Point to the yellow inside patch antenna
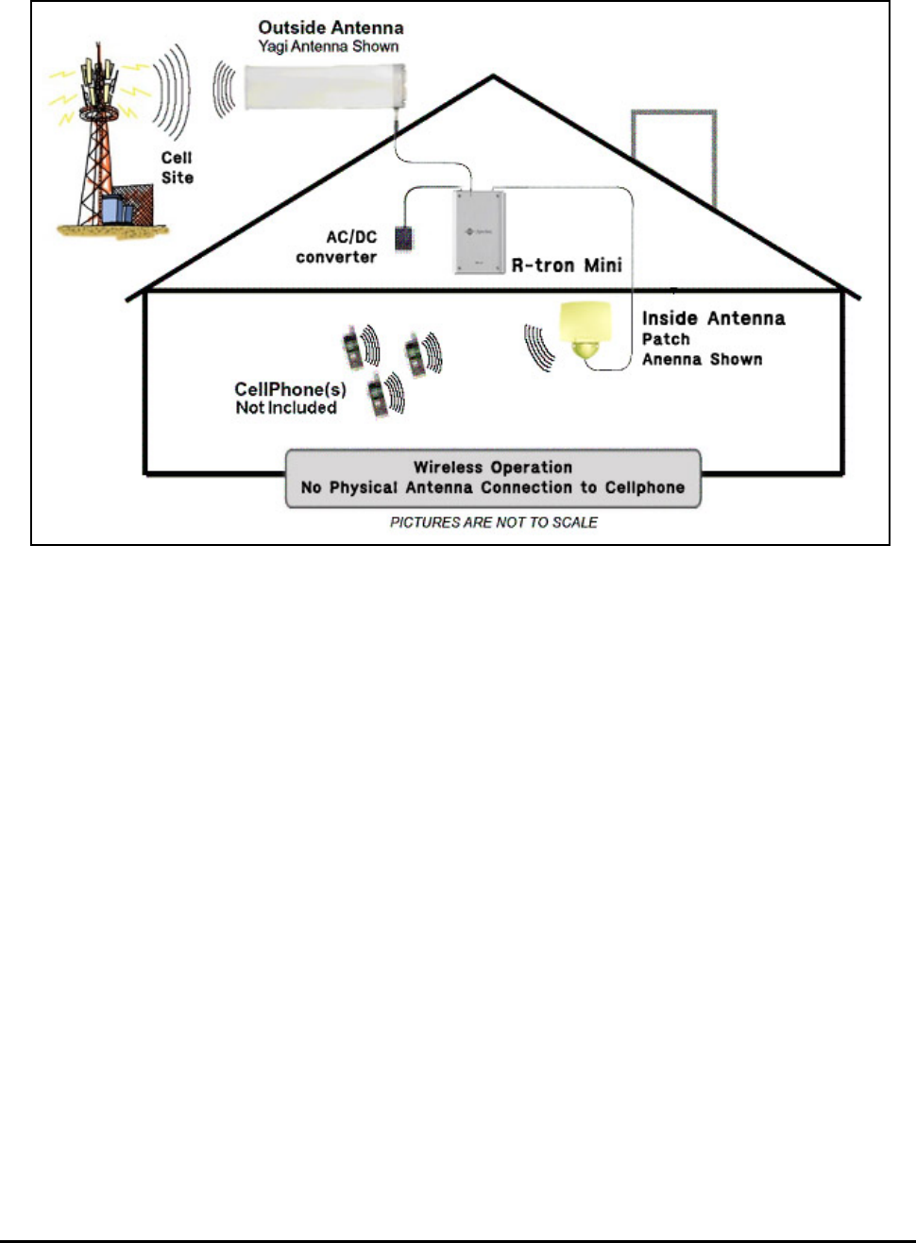[x=586, y=331]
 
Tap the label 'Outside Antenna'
[x=331, y=27]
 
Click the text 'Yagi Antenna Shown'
[x=329, y=46]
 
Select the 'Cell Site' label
[x=177, y=167]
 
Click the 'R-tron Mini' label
[x=567, y=265]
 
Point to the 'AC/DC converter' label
[x=338, y=247]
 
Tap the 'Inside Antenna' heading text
[x=713, y=318]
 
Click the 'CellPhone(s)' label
[x=290, y=389]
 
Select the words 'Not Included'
[x=286, y=408]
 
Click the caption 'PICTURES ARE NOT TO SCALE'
[x=494, y=522]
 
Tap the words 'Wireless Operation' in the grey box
[x=493, y=468]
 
